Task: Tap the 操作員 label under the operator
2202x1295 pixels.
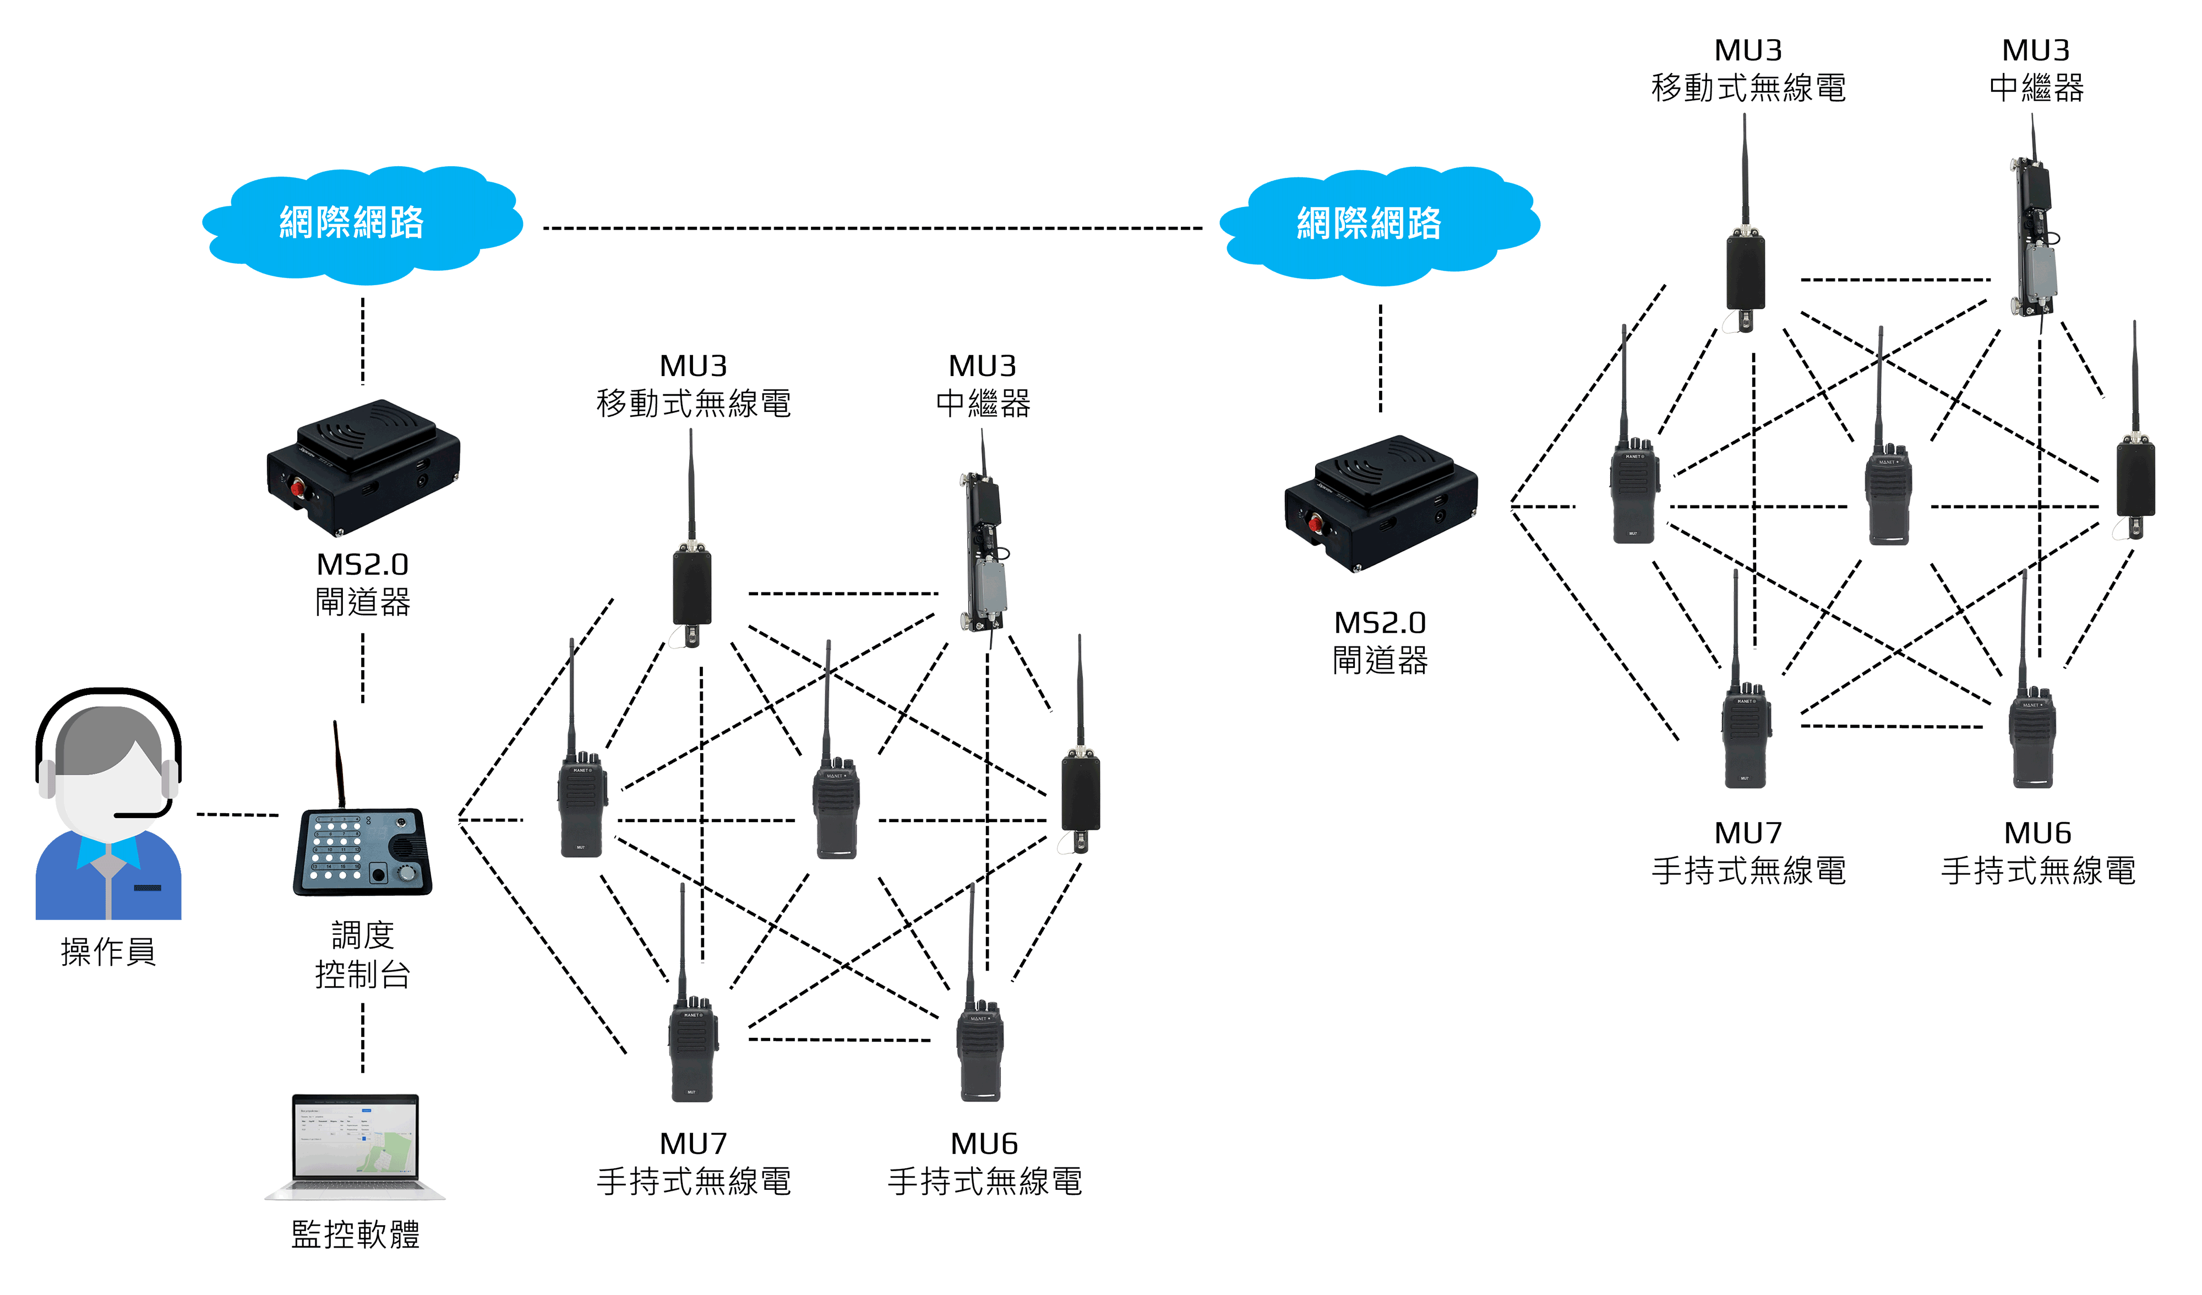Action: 108,951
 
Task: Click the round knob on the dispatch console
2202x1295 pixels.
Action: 406,873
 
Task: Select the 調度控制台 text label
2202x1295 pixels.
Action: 363,954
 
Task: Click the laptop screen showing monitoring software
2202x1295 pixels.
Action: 356,1140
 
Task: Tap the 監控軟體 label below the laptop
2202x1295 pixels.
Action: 356,1234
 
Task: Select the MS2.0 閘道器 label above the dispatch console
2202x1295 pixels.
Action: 363,584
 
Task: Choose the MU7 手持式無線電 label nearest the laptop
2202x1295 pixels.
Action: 694,1163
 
